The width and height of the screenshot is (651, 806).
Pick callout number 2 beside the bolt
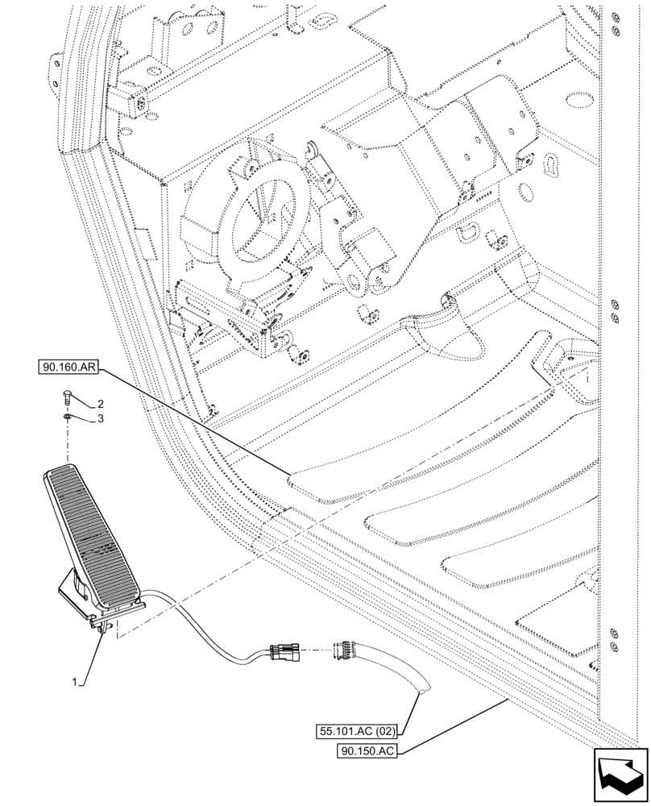click(x=102, y=403)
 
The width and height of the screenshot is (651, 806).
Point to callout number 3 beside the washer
click(x=102, y=419)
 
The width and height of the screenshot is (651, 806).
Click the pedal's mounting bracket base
click(x=81, y=596)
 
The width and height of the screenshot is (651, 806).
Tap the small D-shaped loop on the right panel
click(x=472, y=232)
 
